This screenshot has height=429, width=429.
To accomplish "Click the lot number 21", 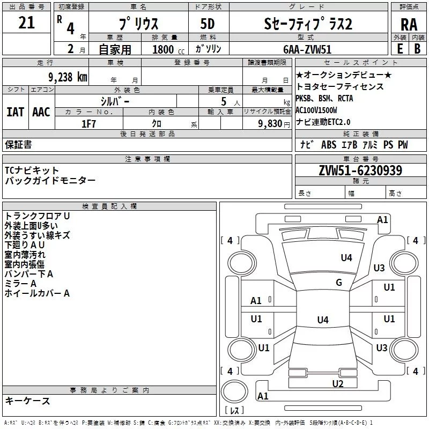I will click(26, 23).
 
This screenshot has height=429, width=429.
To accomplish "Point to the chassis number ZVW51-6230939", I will click(360, 171).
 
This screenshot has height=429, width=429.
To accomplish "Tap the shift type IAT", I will click(15, 112).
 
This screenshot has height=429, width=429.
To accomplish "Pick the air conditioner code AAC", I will click(41, 112).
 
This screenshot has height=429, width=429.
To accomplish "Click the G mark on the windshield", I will click(338, 283).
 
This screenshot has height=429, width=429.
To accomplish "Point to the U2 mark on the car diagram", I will click(337, 383).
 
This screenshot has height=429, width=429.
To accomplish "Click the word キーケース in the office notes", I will click(27, 401).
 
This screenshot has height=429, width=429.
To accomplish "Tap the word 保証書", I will click(18, 144).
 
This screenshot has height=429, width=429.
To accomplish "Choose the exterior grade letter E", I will click(400, 48).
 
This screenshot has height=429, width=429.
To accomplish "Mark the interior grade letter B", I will click(418, 48).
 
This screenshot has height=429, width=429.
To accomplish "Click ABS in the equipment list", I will click(328, 145).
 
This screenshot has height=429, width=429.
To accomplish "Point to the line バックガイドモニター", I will click(50, 181).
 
